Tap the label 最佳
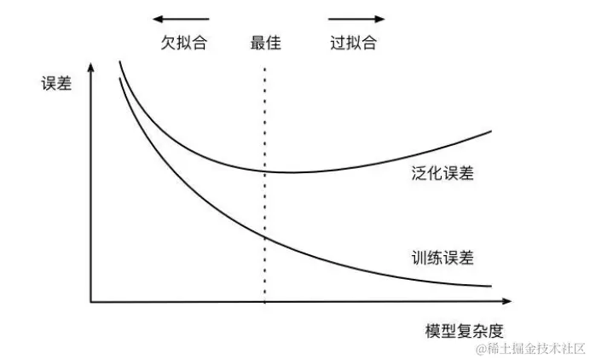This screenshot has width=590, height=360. [265, 43]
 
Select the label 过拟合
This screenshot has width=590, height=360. [353, 43]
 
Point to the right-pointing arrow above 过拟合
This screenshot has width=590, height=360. [356, 18]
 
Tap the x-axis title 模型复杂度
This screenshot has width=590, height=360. [461, 329]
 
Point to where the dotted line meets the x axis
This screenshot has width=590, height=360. [264, 301]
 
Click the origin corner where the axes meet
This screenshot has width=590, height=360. [91, 301]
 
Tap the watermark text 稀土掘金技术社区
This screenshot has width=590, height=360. [529, 348]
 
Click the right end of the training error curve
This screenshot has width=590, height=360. [492, 286]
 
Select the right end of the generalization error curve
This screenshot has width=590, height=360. [492, 131]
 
